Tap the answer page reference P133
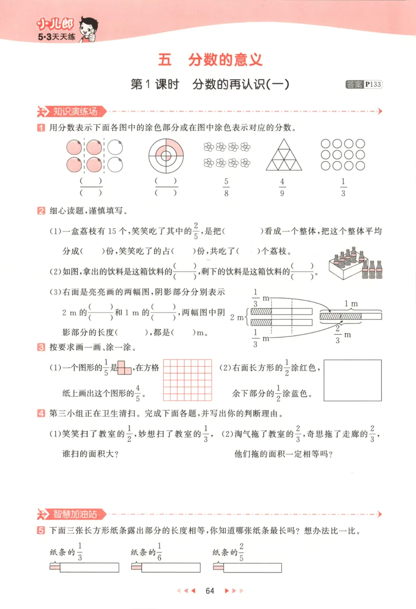coord(373,84)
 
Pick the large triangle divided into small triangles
coord(283,155)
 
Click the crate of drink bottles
coord(354,263)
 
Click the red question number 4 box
coord(41,414)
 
